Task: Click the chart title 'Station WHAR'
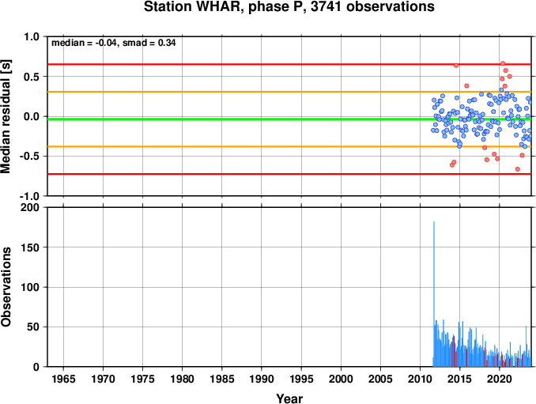(x=191, y=7)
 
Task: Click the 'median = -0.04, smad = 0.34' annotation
(x=114, y=43)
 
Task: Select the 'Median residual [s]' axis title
(x=6, y=116)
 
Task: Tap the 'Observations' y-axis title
(x=6, y=287)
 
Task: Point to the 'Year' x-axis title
(x=289, y=398)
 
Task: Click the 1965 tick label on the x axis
(x=63, y=379)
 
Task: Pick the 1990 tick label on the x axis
(x=262, y=379)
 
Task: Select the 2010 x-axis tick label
(x=420, y=379)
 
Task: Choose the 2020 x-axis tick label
(x=500, y=379)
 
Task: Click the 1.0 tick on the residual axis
(x=32, y=36)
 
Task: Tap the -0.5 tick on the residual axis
(x=30, y=157)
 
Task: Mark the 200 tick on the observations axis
(x=30, y=207)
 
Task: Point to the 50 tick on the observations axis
(x=33, y=327)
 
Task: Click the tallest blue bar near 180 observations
(x=434, y=294)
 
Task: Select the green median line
(x=289, y=119)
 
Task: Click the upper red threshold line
(x=289, y=64)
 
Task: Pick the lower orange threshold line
(x=289, y=146)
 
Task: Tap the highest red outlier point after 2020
(x=503, y=63)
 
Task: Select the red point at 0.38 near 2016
(x=466, y=86)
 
